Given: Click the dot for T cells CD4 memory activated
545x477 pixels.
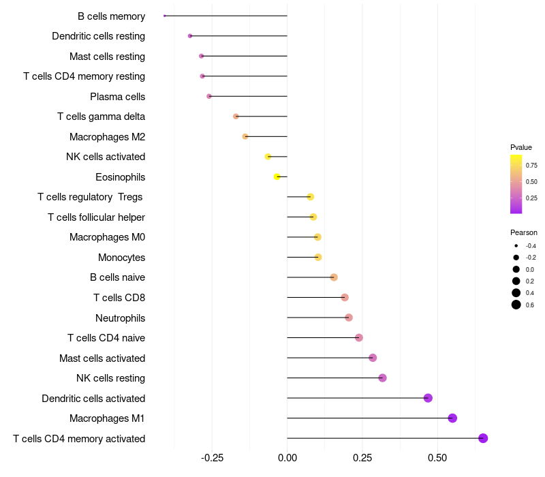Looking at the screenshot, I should click(483, 438).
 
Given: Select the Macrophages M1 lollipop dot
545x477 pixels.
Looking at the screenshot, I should click(452, 418).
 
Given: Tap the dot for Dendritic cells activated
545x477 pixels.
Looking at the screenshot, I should click(428, 398).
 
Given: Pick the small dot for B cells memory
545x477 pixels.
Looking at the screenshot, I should click(165, 16).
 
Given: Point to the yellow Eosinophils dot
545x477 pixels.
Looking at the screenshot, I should click(277, 176).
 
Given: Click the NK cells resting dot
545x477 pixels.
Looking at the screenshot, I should click(382, 378).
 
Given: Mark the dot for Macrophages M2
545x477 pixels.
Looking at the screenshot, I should click(245, 136).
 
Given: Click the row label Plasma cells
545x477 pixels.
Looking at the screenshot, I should click(117, 97).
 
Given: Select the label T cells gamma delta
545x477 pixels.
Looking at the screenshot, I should click(101, 117).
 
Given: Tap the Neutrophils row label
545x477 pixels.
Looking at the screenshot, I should click(120, 318).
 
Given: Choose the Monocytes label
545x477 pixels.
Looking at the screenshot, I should click(121, 258).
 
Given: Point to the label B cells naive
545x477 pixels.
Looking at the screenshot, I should click(117, 277).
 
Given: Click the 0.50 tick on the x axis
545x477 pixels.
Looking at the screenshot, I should click(437, 458).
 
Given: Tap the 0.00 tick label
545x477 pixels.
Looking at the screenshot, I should click(287, 458).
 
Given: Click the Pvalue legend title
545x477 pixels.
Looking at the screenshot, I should click(521, 147).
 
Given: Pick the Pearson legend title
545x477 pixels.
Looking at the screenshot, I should click(523, 232).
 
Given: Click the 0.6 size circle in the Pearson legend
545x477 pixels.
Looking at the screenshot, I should click(516, 305).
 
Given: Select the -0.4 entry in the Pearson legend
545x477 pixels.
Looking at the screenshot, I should click(516, 246).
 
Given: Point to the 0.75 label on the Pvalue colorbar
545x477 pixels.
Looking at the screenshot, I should click(531, 165).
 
